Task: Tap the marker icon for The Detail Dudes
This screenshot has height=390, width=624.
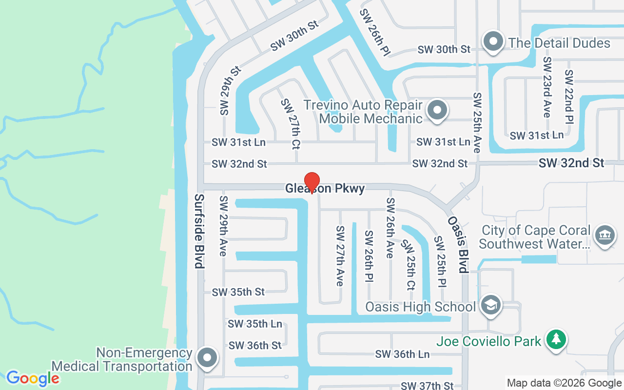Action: tap(493, 42)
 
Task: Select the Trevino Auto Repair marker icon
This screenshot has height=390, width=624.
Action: tap(437, 110)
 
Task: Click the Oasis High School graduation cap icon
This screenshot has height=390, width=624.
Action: tap(490, 306)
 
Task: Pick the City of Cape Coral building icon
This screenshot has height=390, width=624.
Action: tap(604, 235)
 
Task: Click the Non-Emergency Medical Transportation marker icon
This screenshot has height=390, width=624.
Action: tap(207, 358)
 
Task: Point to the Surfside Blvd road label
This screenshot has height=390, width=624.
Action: tap(199, 231)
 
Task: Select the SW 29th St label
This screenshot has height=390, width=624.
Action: tap(230, 91)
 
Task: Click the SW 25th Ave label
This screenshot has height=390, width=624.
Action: tap(477, 122)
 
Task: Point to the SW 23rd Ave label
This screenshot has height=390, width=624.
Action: tap(547, 87)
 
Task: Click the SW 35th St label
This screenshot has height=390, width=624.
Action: tap(238, 292)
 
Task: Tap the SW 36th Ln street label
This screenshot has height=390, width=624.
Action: tap(402, 354)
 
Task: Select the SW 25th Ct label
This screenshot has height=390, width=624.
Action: tap(409, 264)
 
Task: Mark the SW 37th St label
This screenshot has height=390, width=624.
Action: tap(427, 386)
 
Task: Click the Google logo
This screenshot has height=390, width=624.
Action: tap(33, 378)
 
